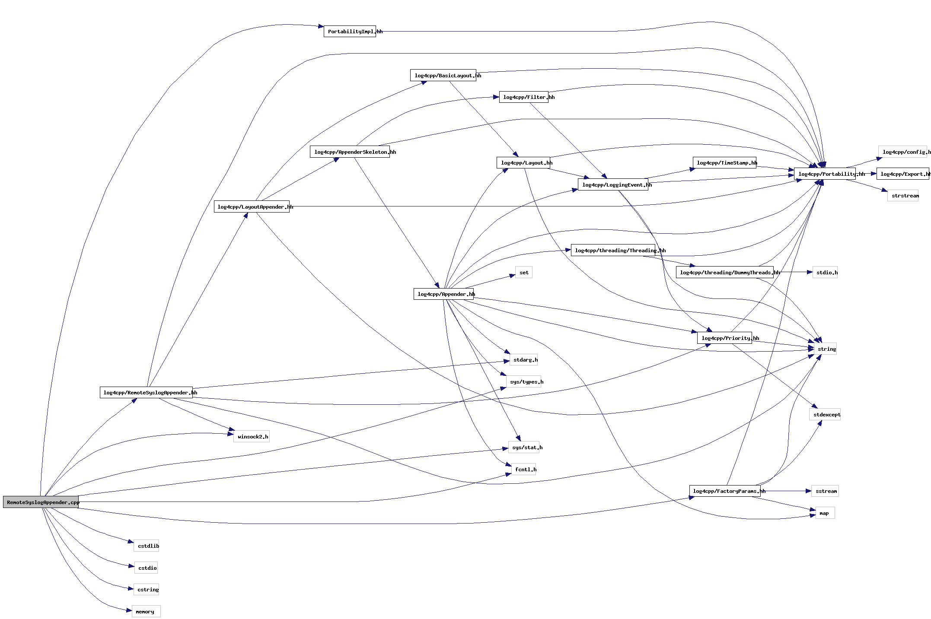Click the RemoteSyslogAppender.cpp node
tap(41, 502)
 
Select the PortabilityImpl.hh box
tap(350, 32)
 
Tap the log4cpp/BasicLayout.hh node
tap(443, 76)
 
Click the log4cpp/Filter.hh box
tap(523, 97)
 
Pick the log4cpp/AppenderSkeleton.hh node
tap(350, 152)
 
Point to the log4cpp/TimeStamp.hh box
tap(724, 163)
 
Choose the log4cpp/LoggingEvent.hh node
tap(612, 185)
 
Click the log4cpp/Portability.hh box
tap(825, 174)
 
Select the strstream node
tap(903, 196)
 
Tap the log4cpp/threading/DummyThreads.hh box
tap(724, 273)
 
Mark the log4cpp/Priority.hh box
tap(724, 338)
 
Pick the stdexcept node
tap(825, 415)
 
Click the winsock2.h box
tap(252, 437)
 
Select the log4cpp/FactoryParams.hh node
tap(725, 491)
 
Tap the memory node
tap(146, 612)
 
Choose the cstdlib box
tap(147, 546)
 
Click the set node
tap(524, 273)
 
